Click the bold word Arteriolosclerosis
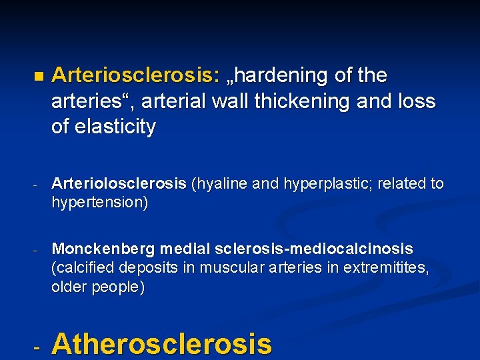pos(119,184)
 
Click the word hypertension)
pos(100,203)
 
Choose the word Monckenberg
pos(105,249)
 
